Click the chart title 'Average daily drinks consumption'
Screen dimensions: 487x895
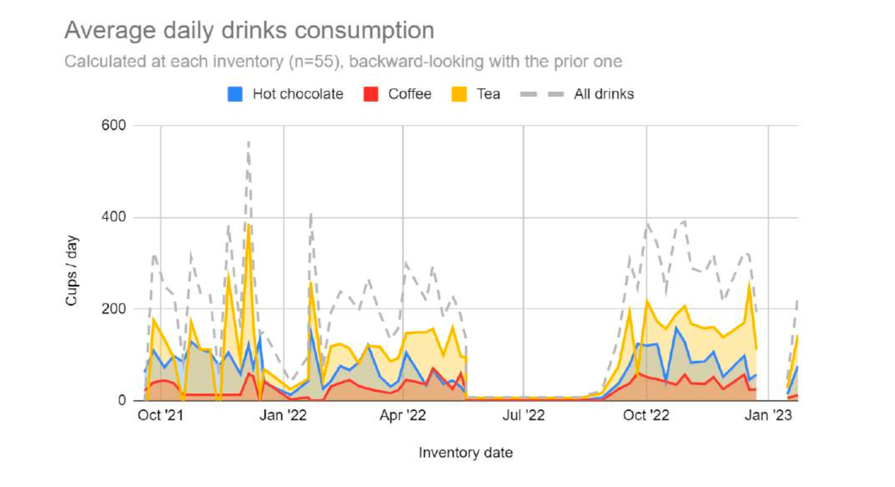(x=249, y=30)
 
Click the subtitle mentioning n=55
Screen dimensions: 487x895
(x=343, y=61)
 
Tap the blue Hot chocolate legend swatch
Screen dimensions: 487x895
(x=235, y=94)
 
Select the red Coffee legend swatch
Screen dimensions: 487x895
(x=370, y=94)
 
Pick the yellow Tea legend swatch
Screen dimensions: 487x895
(x=459, y=94)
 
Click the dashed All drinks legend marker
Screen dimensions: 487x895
(x=542, y=94)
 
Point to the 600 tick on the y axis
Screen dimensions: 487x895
(x=114, y=125)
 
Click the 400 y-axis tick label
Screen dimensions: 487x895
(x=114, y=217)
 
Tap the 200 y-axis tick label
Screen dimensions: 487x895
(x=114, y=309)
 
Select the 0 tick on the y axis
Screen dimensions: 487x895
(x=122, y=400)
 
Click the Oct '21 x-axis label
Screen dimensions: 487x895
(x=160, y=415)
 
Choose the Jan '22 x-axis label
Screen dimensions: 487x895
(x=283, y=415)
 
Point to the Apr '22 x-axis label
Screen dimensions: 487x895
(x=403, y=415)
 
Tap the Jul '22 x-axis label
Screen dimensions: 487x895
(x=523, y=415)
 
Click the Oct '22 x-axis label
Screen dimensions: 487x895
(x=646, y=415)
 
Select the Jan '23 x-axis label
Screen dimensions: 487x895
(x=768, y=415)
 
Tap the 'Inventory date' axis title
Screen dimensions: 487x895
(x=466, y=453)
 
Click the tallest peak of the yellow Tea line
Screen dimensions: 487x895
(x=248, y=225)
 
